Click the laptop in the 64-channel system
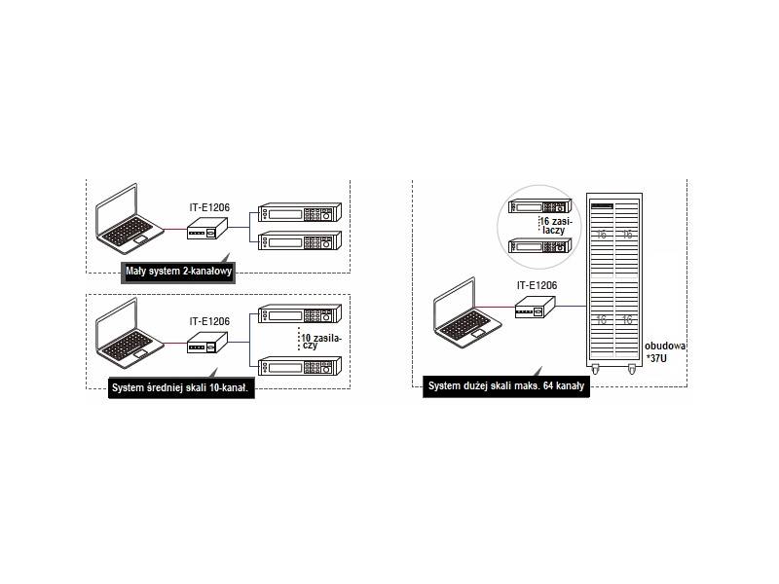tap(466, 314)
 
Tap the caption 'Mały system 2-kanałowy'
tap(178, 272)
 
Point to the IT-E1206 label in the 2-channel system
tap(209, 207)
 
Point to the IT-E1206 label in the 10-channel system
tap(209, 320)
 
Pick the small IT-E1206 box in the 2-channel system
tap(208, 230)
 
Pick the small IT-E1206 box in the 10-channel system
tap(207, 344)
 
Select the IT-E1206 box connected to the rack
tap(536, 309)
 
